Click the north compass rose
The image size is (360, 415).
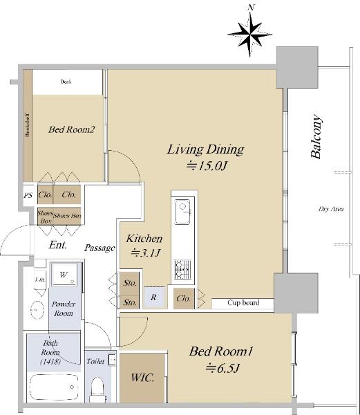(x=250, y=33)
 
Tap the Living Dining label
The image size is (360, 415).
(x=205, y=149)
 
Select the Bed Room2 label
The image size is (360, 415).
(x=71, y=129)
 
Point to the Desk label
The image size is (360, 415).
(x=66, y=82)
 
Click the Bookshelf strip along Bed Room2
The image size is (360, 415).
(x=28, y=125)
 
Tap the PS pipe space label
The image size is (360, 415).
(x=28, y=195)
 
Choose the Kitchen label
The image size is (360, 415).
(x=144, y=239)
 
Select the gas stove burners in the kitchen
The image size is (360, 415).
(x=182, y=269)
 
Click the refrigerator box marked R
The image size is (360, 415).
(x=154, y=297)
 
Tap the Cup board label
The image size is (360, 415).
(x=243, y=302)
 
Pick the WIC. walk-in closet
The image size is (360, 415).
(x=142, y=378)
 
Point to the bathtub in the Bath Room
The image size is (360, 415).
(x=54, y=387)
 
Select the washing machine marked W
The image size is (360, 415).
(x=64, y=275)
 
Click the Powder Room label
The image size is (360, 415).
(x=64, y=308)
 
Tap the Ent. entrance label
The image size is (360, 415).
(x=57, y=245)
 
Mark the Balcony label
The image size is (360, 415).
(x=316, y=136)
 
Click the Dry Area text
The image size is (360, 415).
(x=331, y=209)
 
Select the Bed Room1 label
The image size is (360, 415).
(x=221, y=351)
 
